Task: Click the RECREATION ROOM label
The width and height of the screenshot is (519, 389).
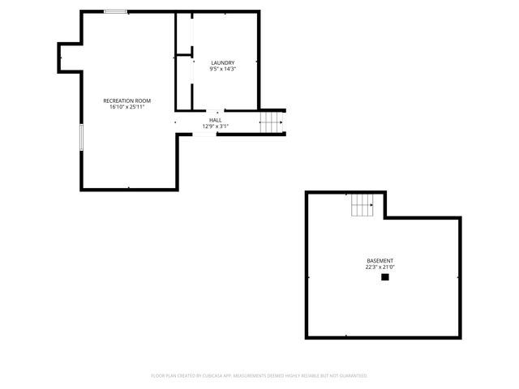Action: [127, 100]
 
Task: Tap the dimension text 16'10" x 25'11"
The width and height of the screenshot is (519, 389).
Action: [127, 107]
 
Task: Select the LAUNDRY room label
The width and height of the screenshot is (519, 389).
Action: [222, 62]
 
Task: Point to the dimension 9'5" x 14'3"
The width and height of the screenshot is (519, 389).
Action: [222, 69]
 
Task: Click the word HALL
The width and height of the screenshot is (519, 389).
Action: [215, 120]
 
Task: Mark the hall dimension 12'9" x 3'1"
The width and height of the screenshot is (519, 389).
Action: [215, 126]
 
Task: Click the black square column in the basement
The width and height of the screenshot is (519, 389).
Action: [385, 277]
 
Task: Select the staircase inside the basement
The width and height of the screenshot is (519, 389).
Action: [362, 206]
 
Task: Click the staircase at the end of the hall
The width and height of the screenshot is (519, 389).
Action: [270, 123]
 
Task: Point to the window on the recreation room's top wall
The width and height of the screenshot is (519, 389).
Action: [115, 11]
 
